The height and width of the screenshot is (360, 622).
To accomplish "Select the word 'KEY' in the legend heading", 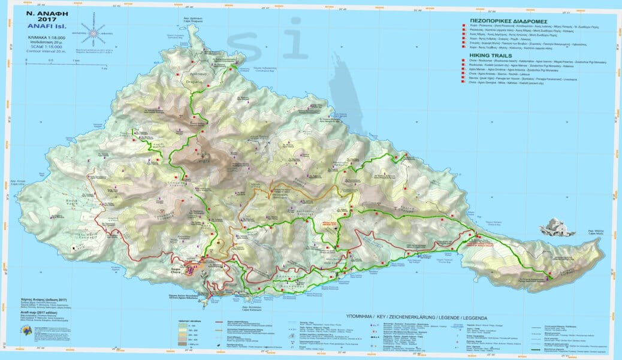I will (x=385, y=314).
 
